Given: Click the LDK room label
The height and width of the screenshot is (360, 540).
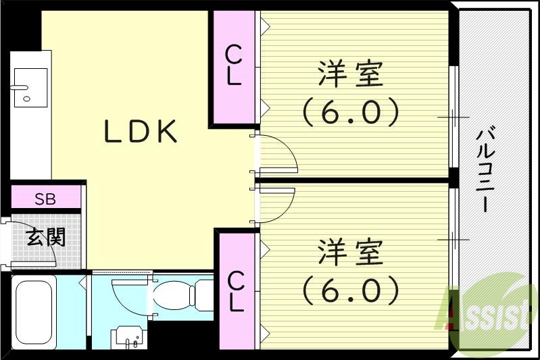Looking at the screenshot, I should click(141, 132).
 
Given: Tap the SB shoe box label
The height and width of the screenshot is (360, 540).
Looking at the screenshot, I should click(46, 199).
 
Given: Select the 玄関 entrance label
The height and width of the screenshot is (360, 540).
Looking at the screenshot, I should click(46, 237).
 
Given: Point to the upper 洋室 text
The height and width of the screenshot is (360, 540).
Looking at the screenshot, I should click(351, 75).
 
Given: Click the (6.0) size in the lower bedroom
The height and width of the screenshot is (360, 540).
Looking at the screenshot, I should click(351, 290).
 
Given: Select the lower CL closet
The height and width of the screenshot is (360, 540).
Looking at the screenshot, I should click(235, 290).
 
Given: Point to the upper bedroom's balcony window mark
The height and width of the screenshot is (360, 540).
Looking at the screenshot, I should click(453, 118).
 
